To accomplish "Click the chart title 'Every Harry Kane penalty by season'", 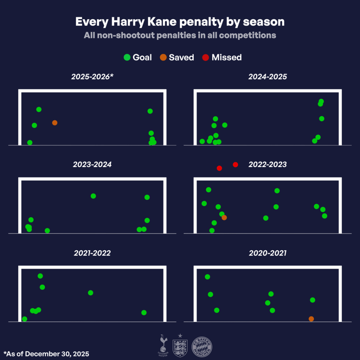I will coord(180,22).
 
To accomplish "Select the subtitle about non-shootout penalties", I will coord(180,36).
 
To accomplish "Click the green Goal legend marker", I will coord(127,57).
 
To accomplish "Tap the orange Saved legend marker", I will coord(163,57).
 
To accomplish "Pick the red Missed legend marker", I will coord(206,57).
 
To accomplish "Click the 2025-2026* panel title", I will coord(92,77).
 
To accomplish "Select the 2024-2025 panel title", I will coord(268,77).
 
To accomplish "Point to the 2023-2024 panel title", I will coord(92,165).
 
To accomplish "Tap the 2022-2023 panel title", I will coord(268,165).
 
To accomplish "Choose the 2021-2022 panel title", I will coord(92,253).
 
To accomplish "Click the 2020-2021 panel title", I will coord(268,253).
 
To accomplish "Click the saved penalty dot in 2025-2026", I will coord(54,123).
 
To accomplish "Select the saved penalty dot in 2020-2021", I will coord(311,319).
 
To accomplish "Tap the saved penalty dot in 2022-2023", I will coord(224,218).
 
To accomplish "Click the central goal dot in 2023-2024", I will coord(93,196).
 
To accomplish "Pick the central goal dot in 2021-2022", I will coord(90,292).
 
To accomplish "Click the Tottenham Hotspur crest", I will coord(163,344).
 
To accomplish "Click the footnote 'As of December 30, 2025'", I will coord(46,354).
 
